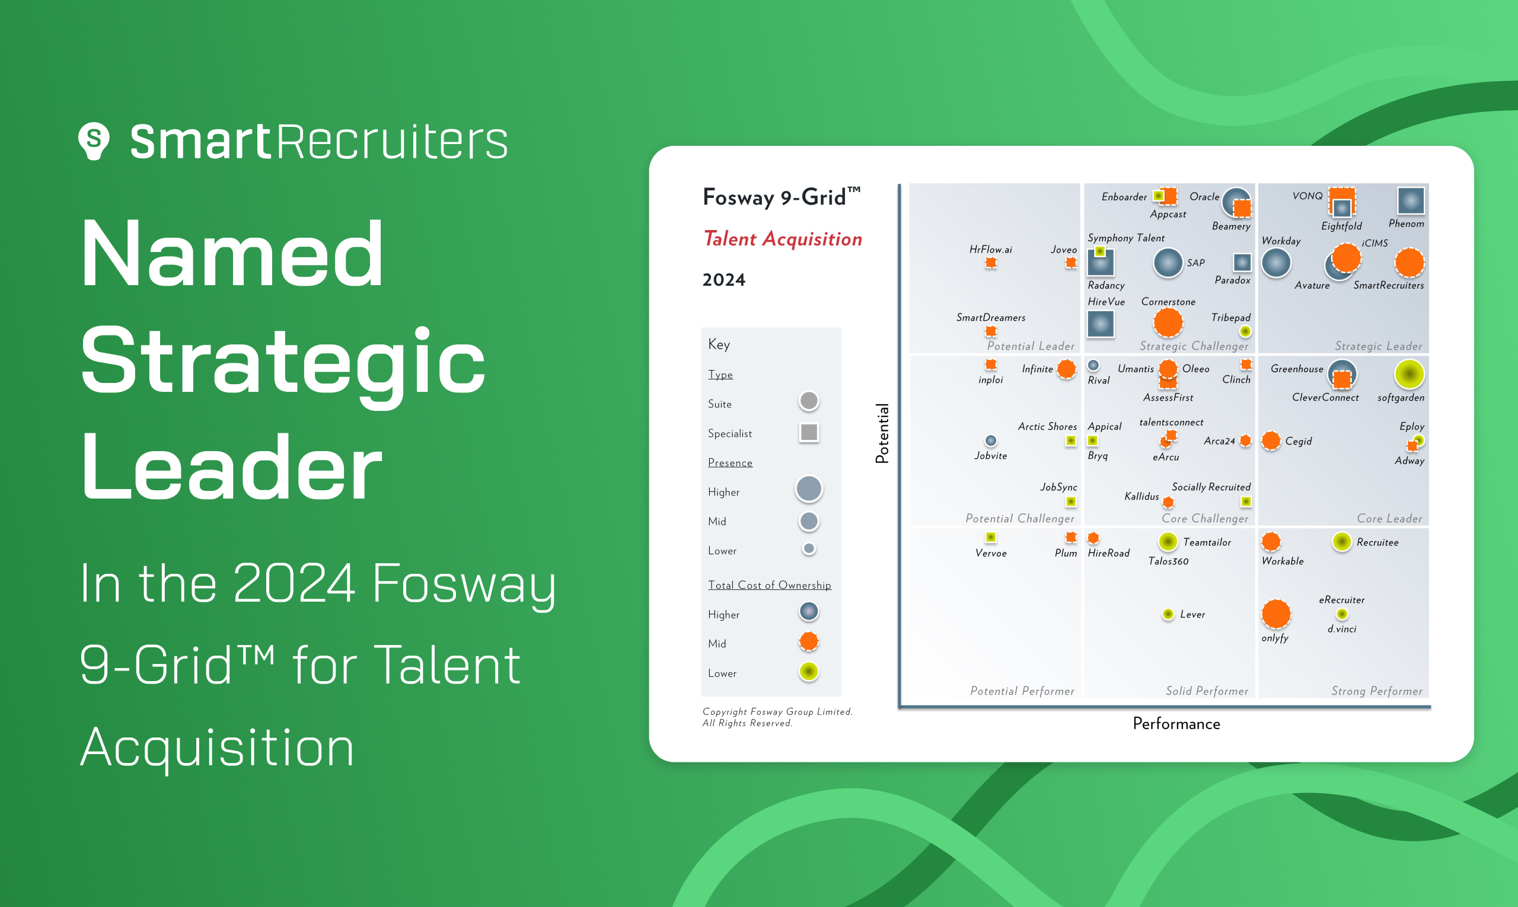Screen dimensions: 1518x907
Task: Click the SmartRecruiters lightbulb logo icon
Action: click(x=94, y=141)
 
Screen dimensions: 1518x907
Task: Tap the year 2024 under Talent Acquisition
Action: click(x=724, y=280)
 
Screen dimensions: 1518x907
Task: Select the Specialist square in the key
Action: click(x=809, y=432)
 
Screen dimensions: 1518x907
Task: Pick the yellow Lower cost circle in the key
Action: click(x=809, y=672)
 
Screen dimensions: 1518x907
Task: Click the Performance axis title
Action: click(x=1176, y=724)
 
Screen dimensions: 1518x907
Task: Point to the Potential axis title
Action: click(x=882, y=433)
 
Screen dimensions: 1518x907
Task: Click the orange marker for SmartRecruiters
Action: click(x=1409, y=263)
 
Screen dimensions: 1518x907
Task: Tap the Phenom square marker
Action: click(x=1411, y=200)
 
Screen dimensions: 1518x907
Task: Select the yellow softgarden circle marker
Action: click(x=1409, y=374)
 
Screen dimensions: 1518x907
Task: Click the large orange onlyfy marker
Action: click(x=1276, y=614)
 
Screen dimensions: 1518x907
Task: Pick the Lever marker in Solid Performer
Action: click(x=1168, y=614)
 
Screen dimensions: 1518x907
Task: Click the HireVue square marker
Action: click(x=1101, y=324)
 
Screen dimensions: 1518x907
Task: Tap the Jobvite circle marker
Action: click(x=990, y=440)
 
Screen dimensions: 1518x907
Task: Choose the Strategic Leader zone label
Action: click(x=1378, y=346)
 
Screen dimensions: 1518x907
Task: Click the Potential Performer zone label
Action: click(x=1022, y=691)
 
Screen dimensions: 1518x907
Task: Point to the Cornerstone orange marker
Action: click(x=1168, y=322)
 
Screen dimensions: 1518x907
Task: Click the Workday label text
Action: click(x=1281, y=241)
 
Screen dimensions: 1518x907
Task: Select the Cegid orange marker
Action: click(x=1271, y=440)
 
